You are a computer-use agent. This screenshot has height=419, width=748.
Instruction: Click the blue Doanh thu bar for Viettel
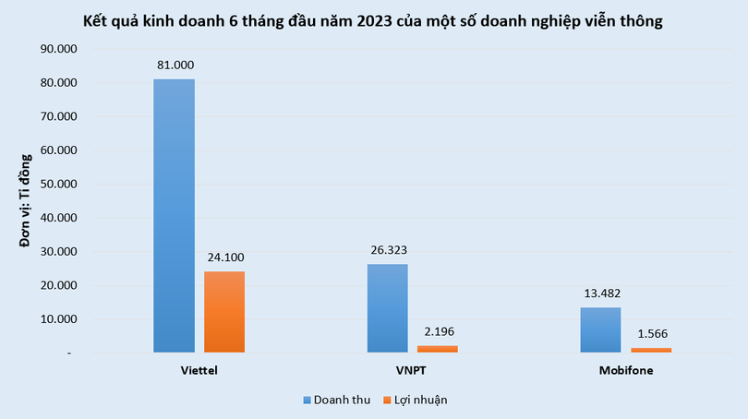point(174,216)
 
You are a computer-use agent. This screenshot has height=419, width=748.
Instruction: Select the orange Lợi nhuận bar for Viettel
point(224,312)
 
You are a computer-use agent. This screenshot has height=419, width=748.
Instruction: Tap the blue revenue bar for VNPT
point(387,308)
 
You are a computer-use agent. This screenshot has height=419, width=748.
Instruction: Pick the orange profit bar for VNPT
point(438,349)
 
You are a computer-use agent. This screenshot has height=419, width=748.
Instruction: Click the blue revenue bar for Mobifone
point(600,329)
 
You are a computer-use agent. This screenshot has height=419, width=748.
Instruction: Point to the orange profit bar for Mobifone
point(651,350)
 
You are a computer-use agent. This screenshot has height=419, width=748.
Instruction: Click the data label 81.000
point(174,66)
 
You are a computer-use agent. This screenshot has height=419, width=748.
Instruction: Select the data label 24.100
point(224,257)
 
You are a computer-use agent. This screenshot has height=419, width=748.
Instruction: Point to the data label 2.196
point(438,331)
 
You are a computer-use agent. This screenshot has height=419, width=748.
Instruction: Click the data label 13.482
point(600,293)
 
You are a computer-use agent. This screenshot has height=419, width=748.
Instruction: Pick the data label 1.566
point(651,333)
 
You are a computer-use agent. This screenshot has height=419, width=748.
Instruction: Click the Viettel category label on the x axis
point(199,369)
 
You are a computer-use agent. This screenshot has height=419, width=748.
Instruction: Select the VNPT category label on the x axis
point(412,369)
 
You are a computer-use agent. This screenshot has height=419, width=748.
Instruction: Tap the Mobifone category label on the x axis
point(625,369)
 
